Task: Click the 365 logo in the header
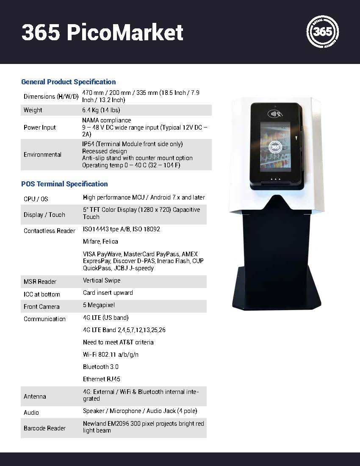point(323,32)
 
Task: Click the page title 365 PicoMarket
point(102,33)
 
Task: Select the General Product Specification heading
point(68,82)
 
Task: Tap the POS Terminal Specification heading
point(64,184)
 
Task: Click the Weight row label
point(33,110)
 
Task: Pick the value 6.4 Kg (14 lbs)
point(101,110)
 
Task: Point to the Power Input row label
point(40,128)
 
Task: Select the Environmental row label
point(42,155)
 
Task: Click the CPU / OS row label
point(36,199)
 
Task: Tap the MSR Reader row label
point(40,282)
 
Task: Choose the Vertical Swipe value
point(102,280)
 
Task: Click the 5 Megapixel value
point(99,305)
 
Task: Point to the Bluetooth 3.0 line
point(101,367)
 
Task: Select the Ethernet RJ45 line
point(102,379)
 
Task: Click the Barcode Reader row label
point(44,428)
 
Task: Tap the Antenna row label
point(35,397)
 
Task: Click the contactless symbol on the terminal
point(275,114)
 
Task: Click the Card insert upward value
point(108,293)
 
